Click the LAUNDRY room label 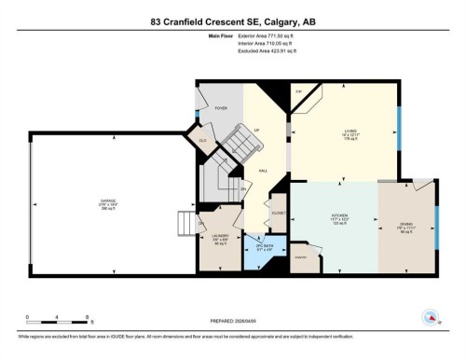(x=220, y=236)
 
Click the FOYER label (x=221, y=108)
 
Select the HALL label (x=264, y=171)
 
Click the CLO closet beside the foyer (x=202, y=139)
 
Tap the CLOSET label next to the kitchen (x=278, y=213)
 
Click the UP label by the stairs (x=256, y=130)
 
